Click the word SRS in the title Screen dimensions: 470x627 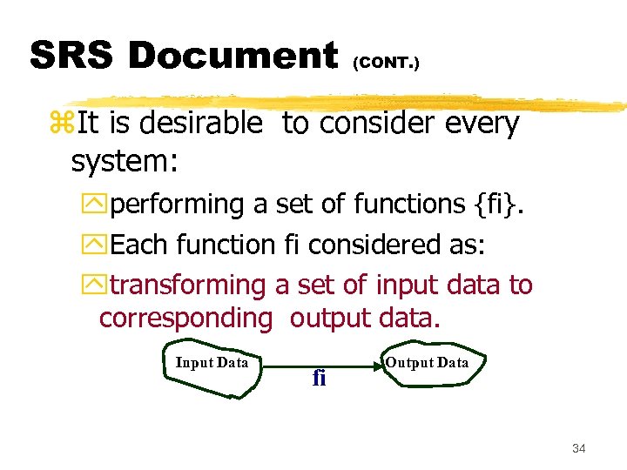click(x=71, y=57)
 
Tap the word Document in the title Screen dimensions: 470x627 click(x=233, y=57)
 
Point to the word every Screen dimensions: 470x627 click(x=482, y=124)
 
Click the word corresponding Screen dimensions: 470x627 click(x=185, y=319)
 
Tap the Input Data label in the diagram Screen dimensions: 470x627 click(x=212, y=363)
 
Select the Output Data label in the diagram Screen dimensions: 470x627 click(x=427, y=362)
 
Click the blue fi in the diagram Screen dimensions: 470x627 click(x=319, y=378)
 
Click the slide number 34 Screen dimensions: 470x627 click(x=579, y=448)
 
